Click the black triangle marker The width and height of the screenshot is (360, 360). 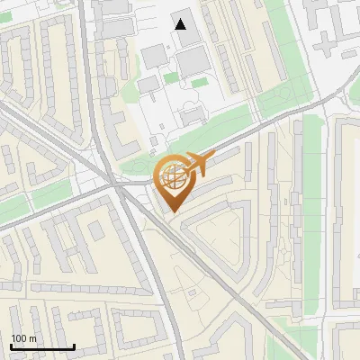click(x=181, y=24)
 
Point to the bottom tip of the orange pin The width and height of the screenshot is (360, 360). click(x=172, y=212)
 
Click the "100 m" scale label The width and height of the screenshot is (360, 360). click(x=23, y=338)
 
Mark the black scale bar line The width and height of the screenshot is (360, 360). click(x=42, y=346)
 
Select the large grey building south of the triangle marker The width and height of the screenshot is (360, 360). click(x=193, y=63)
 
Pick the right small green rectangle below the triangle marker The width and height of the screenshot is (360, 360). click(x=199, y=84)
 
